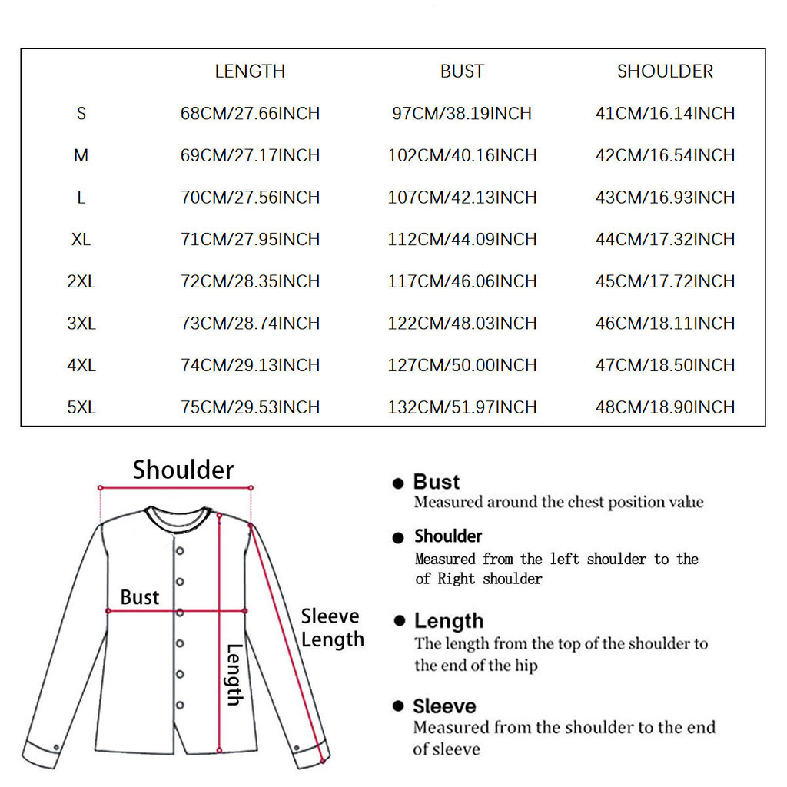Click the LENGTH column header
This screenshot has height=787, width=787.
[x=250, y=71]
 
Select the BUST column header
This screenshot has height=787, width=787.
[x=462, y=71]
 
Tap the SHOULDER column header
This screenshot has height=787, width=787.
[x=665, y=71]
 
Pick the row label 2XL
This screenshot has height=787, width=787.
[x=81, y=281]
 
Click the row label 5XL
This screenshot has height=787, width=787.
[x=81, y=407]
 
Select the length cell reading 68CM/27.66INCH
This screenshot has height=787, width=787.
[x=250, y=114]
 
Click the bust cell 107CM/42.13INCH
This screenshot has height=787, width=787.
[x=462, y=198]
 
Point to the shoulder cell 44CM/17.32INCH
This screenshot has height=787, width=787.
[x=665, y=240]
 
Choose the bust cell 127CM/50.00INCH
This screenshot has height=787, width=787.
[x=462, y=365]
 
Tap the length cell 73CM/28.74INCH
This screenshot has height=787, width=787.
[x=250, y=324]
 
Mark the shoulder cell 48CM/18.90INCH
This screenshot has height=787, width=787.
[x=665, y=407]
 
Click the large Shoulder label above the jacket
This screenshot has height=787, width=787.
[x=183, y=470]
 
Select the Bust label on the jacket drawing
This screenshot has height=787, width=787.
[x=140, y=597]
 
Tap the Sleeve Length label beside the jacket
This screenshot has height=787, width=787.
[x=332, y=628]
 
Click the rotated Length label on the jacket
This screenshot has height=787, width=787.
[x=234, y=674]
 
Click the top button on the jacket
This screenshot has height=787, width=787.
[x=180, y=550]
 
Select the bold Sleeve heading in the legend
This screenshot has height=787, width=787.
[x=444, y=706]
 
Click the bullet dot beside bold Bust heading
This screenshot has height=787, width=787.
[x=398, y=483]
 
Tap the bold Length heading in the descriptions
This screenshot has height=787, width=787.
[x=449, y=621]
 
